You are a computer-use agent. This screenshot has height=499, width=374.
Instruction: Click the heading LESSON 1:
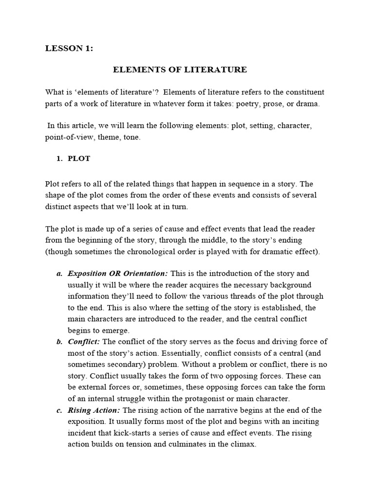pyautogui.click(x=69, y=48)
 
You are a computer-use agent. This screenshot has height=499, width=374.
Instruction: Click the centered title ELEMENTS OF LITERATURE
pyautogui.click(x=180, y=70)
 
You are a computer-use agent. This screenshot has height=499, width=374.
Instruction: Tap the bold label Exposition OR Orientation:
pyautogui.click(x=117, y=273)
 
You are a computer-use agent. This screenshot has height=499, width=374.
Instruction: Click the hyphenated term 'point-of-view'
pyautogui.click(x=66, y=138)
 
